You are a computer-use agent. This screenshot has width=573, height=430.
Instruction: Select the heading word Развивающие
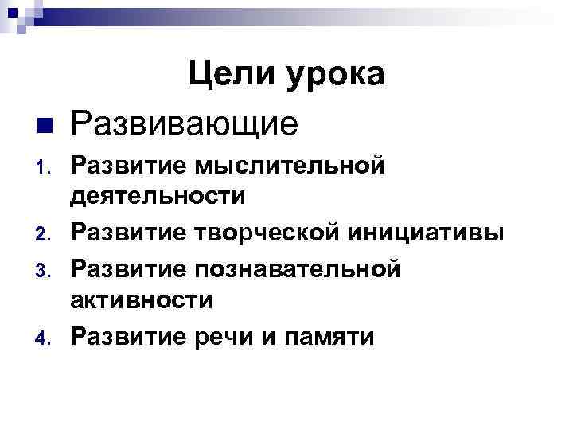[184, 123]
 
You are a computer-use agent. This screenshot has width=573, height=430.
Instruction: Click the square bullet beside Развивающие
[45, 125]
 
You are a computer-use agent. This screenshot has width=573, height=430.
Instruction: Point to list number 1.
[44, 168]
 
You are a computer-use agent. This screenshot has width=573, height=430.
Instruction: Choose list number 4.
[44, 338]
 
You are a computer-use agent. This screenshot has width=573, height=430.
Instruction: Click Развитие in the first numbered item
[127, 166]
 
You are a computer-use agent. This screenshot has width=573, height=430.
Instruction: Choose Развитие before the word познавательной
[127, 268]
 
